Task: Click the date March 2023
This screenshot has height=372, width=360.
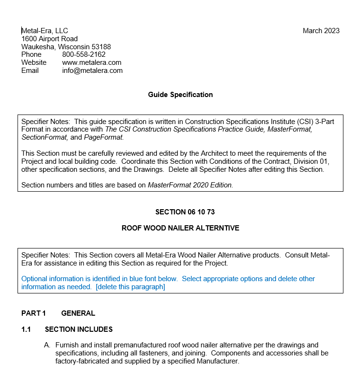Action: tap(321, 31)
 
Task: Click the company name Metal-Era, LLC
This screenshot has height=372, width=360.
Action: tap(45, 31)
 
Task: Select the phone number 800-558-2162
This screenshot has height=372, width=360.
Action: tap(84, 54)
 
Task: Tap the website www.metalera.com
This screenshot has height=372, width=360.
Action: tap(91, 62)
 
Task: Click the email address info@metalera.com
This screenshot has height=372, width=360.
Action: tap(92, 71)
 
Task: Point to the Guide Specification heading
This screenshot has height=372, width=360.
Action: tap(180, 95)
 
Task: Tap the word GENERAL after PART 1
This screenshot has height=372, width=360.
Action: tap(78, 313)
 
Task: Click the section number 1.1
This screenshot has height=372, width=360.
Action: tap(26, 329)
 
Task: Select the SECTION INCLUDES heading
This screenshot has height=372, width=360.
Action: tap(79, 329)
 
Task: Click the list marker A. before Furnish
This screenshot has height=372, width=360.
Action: tap(47, 345)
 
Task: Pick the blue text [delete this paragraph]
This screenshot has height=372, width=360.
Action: tap(130, 287)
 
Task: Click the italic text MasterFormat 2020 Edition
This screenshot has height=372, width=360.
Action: tap(190, 185)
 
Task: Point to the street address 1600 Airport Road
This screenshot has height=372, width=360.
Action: tap(49, 39)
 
